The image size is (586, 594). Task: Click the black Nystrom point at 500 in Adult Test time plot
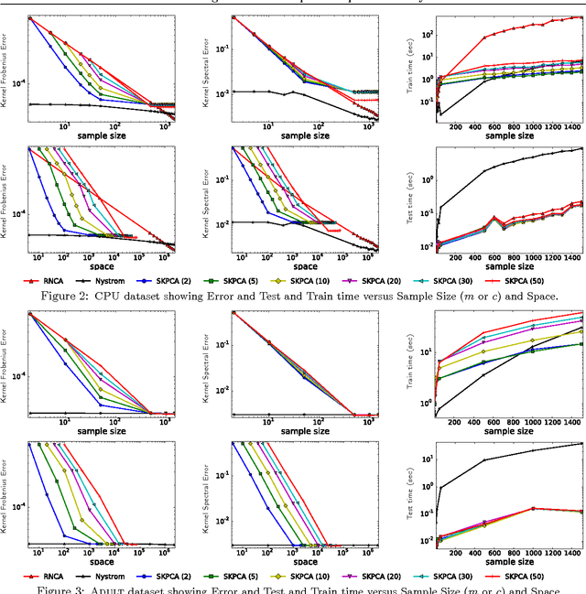pos(484,460)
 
